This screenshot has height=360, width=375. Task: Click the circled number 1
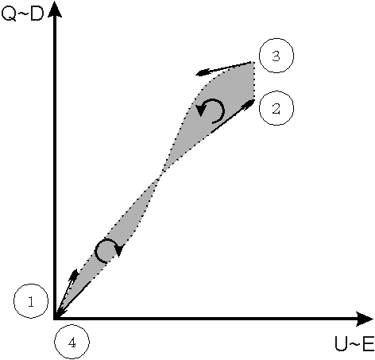point(31,301)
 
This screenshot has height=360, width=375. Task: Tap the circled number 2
point(276,108)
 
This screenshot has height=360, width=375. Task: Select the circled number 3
point(276,56)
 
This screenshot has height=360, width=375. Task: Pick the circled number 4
point(72,343)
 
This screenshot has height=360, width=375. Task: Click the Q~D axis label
point(22,14)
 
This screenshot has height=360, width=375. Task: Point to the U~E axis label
point(354,344)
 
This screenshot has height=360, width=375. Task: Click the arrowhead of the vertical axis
point(55,10)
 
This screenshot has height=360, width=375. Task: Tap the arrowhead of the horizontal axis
point(365,319)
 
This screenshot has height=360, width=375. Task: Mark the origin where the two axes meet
point(55,319)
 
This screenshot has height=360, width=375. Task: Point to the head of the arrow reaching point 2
point(249,103)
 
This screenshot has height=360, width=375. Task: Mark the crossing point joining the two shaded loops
point(160,176)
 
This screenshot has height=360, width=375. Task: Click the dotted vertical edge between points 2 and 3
point(254,81)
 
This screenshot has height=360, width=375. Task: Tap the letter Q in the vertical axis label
point(8,14)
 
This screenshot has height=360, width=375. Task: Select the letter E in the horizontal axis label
point(368,344)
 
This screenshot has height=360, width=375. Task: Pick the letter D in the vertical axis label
point(37,14)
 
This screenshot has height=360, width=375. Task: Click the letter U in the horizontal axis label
point(341,344)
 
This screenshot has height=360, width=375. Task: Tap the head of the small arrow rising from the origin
point(74,275)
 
